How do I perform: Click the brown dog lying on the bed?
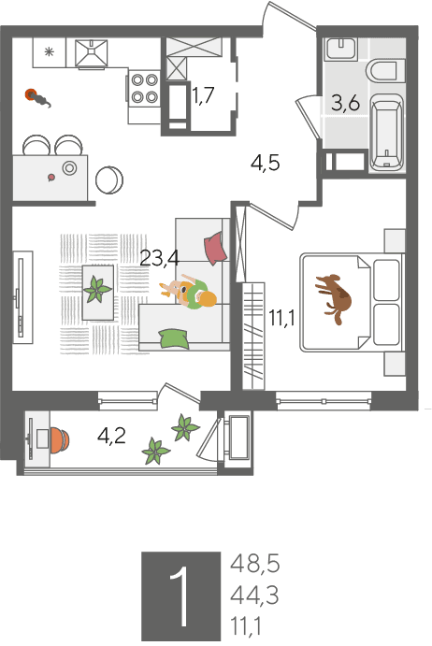click(x=334, y=297)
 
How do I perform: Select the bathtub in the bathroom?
click(x=386, y=132)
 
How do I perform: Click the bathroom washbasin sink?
click(x=340, y=50)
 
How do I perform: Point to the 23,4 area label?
click(x=160, y=259)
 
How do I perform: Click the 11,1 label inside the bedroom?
click(x=282, y=319)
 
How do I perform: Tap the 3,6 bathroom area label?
click(x=345, y=103)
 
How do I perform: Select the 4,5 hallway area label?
click(x=265, y=164)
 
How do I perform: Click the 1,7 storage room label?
click(x=203, y=96)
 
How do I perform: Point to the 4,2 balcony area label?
click(x=111, y=436)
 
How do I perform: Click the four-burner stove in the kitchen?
click(x=144, y=89)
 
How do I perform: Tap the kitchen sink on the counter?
click(x=92, y=52)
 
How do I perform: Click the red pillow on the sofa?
click(x=216, y=248)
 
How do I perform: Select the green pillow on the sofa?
click(x=174, y=338)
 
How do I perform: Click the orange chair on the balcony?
click(x=60, y=440)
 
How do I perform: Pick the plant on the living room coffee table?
click(x=97, y=289)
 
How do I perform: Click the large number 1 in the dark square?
click(x=180, y=596)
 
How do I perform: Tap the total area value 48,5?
click(x=254, y=564)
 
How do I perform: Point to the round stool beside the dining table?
click(x=109, y=180)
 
